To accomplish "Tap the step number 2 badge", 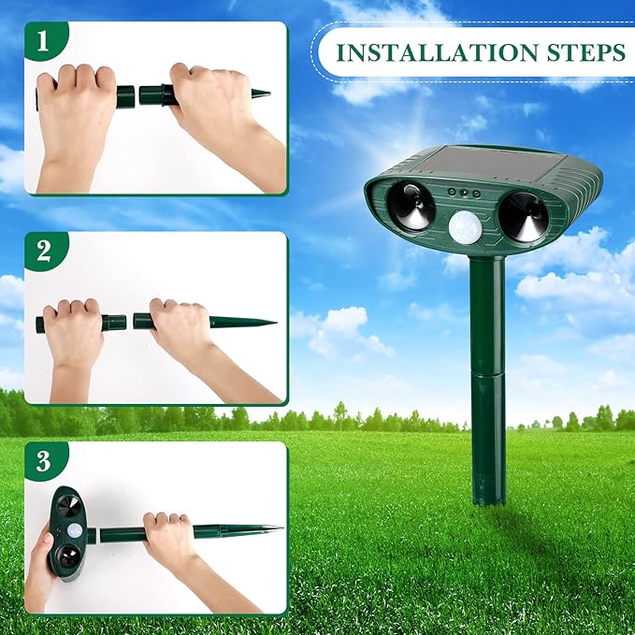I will coord(42,252).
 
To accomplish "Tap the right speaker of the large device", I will coord(523,216).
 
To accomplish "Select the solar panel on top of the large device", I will coord(468,165).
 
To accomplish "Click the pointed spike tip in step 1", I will coord(265,94).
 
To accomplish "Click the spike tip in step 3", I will coord(277,528).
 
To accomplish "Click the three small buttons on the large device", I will coord(463,192).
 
